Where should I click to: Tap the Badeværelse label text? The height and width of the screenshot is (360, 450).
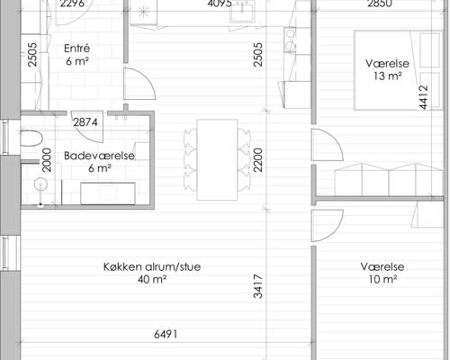coord(99,155)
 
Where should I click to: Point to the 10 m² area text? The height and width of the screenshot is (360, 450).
coord(383,280)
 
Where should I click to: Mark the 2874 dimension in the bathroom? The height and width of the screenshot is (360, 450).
coord(85,122)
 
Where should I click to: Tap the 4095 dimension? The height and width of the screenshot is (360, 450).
coord(220,4)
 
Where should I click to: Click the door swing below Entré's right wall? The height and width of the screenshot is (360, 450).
coord(135,85)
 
